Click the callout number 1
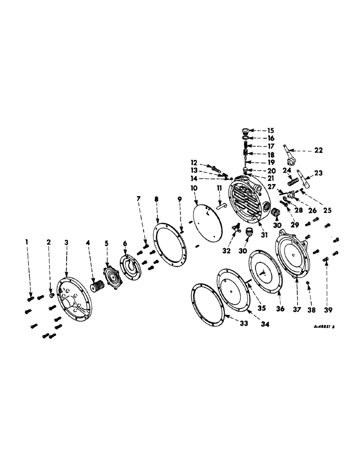pyautogui.click(x=27, y=241)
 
